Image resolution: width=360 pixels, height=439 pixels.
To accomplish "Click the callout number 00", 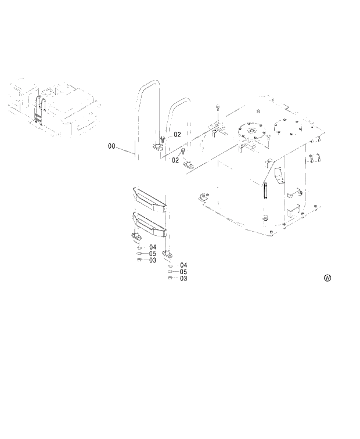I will coord(111,146).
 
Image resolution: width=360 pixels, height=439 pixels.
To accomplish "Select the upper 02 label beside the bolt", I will coord(178,135).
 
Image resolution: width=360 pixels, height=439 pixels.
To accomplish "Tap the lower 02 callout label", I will coord(175,160).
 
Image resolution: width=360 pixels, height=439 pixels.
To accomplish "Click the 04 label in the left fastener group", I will coord(152,247).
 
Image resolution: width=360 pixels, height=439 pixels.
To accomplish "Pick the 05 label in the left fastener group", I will coord(152,254).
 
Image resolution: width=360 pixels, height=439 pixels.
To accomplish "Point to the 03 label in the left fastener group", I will coord(152,261).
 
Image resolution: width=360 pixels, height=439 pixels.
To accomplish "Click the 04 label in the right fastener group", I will coord(183,265).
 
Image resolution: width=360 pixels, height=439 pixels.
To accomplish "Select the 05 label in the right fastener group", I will coord(183,272).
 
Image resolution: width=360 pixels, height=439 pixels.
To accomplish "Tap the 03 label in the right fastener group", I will coord(183,279).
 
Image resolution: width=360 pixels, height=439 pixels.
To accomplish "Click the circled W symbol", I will coord(327,278).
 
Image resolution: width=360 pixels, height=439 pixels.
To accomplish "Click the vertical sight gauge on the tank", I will coord(262,190).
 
